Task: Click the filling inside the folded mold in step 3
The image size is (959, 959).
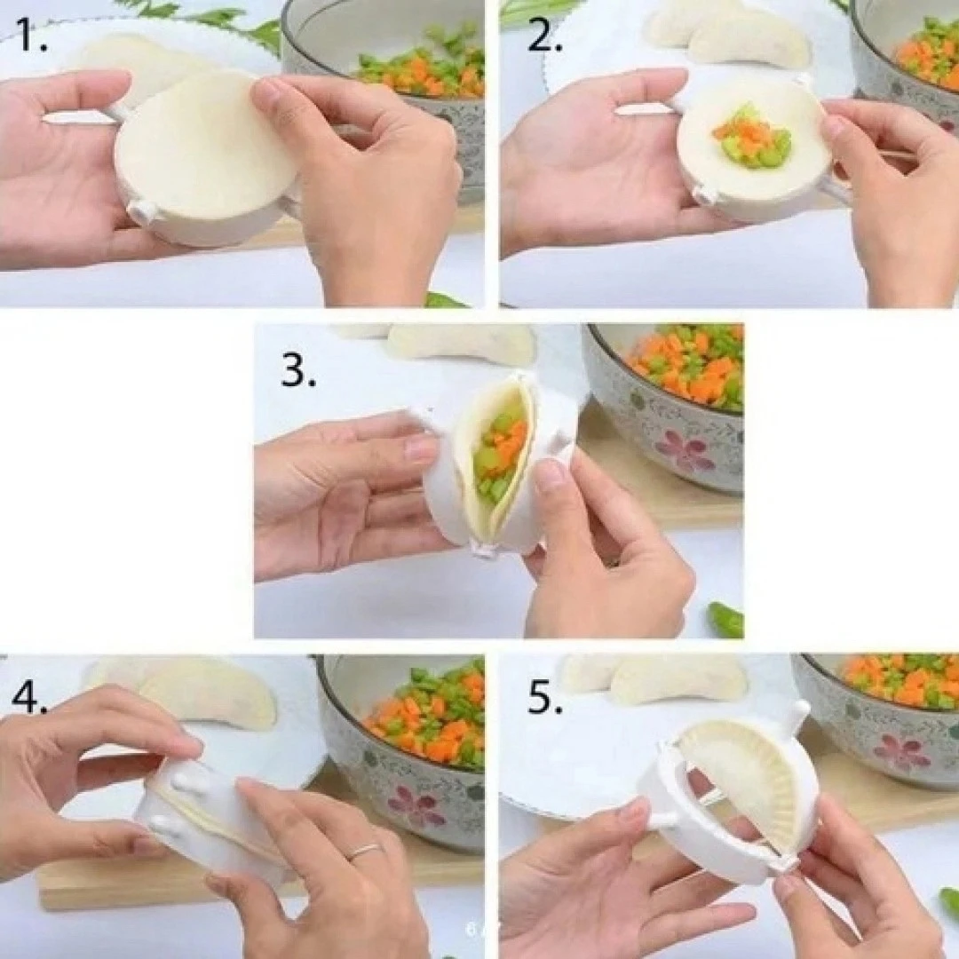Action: [502, 453]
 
